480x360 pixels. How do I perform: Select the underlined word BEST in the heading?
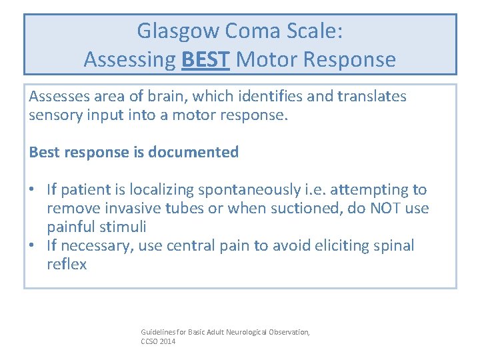pyautogui.click(x=205, y=59)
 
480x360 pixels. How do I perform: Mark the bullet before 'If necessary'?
pyautogui.click(x=34, y=246)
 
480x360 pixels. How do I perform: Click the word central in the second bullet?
pyautogui.click(x=205, y=246)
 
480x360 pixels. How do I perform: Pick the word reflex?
pyautogui.click(x=67, y=265)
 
